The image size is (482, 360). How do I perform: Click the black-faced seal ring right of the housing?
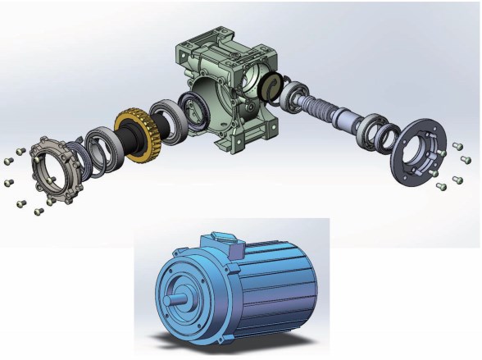click(x=272, y=84)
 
